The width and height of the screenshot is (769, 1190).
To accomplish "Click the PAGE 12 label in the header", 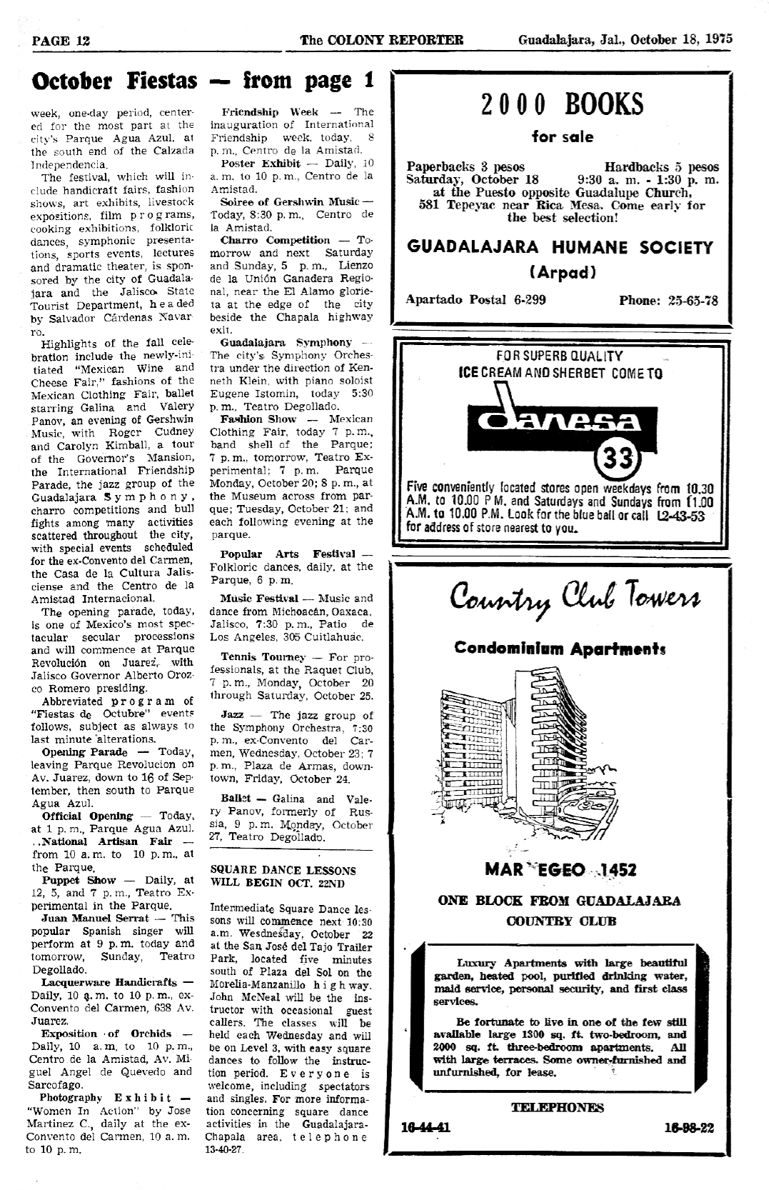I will tap(61, 40).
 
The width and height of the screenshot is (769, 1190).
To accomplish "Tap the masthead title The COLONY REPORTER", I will tap(382, 40).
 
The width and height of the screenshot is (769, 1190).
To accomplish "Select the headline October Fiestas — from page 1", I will tap(203, 81).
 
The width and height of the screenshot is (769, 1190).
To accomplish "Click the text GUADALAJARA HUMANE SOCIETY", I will tap(561, 248).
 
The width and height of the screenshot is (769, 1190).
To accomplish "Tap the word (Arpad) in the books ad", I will tap(562, 272).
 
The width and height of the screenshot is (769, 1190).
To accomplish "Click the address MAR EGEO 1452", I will tap(561, 870).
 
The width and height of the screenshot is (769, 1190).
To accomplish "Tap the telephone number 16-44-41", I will tap(426, 1128).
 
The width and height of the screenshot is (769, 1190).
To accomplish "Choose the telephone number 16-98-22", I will tap(689, 1128).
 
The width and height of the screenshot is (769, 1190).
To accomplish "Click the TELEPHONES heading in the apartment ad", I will tap(558, 1107).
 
